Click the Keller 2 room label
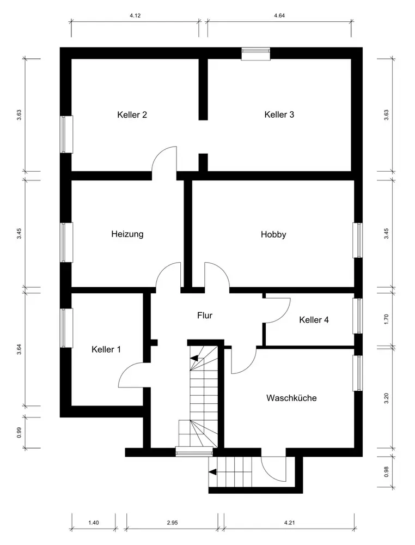[132, 114]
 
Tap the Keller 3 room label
[279, 114]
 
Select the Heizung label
[127, 234]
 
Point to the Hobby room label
[273, 234]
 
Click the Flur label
[205, 316]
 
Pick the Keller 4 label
[314, 320]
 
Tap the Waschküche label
[291, 398]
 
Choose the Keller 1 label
[106, 349]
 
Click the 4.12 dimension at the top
[135, 16]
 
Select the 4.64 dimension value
[279, 16]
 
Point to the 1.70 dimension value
[386, 319]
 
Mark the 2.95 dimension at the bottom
[172, 523]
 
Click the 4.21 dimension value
[289, 523]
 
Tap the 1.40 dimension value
[94, 523]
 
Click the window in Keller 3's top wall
[256, 53]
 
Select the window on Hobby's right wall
[357, 240]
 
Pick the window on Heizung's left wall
[66, 243]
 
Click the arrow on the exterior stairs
[212, 471]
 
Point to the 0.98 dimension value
[386, 471]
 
